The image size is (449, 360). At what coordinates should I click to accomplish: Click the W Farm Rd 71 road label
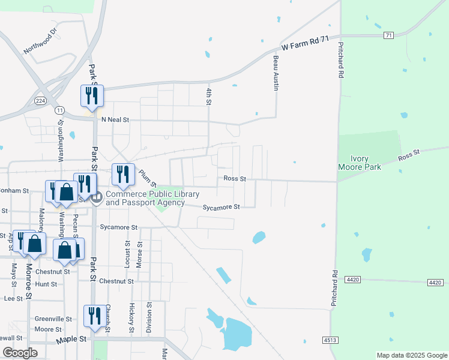pos(306,43)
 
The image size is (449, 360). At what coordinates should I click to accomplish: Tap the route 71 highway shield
pos(389,35)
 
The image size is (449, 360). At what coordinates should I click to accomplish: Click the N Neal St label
pos(115,119)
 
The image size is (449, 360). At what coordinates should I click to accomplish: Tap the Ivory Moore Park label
pos(360,163)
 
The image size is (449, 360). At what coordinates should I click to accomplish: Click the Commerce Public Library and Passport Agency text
pos(145,198)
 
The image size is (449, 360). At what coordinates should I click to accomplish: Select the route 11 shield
pos(59,110)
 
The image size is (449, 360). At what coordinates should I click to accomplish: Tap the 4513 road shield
pos(330,340)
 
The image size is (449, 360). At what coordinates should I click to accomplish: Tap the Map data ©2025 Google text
pos(411,355)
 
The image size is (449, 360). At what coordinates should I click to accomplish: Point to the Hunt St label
pos(46,284)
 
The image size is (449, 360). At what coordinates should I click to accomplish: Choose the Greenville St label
pos(53,319)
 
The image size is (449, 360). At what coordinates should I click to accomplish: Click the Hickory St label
pos(132,318)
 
